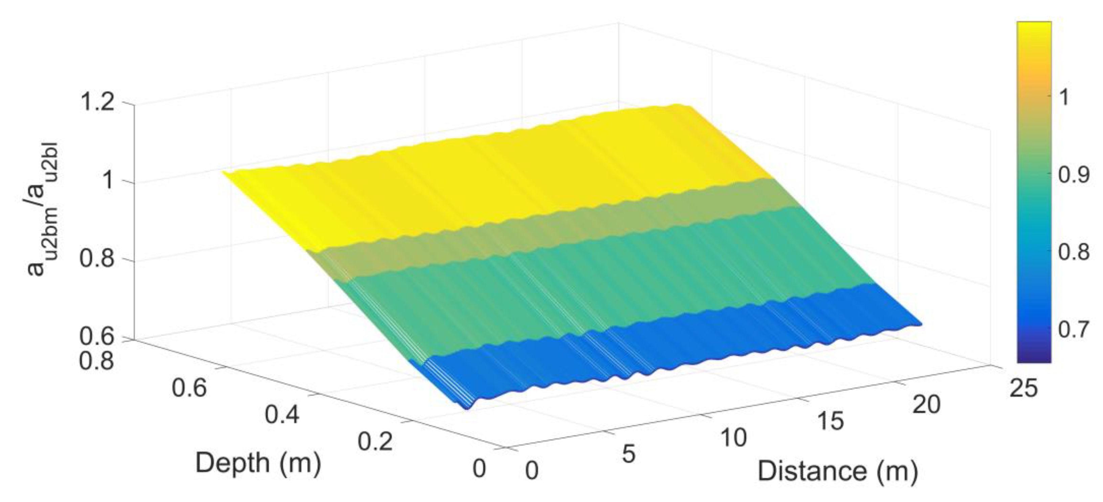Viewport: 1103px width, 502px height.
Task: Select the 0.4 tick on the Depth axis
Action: (282, 415)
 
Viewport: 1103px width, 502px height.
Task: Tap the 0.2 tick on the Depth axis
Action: (375, 441)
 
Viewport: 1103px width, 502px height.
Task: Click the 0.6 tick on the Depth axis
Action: (189, 388)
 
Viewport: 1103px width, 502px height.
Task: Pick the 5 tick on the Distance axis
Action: (628, 454)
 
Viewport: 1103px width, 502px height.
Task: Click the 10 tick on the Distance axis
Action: (733, 438)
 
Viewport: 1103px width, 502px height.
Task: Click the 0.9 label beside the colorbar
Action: (1074, 175)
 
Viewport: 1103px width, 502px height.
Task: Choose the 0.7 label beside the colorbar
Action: (1074, 329)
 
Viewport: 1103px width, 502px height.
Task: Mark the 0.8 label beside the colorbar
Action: (1074, 252)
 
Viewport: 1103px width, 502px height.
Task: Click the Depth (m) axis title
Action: (258, 463)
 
